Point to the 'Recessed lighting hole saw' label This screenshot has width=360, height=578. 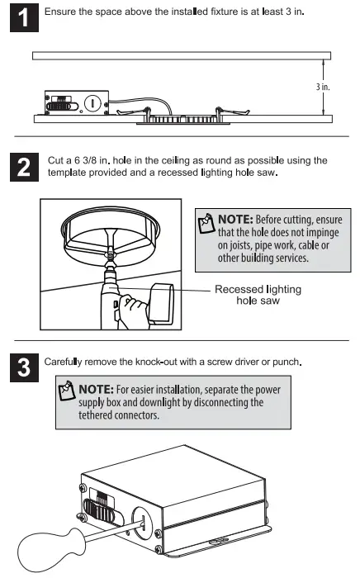[x=258, y=295]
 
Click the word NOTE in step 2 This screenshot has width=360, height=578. [x=239, y=220]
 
